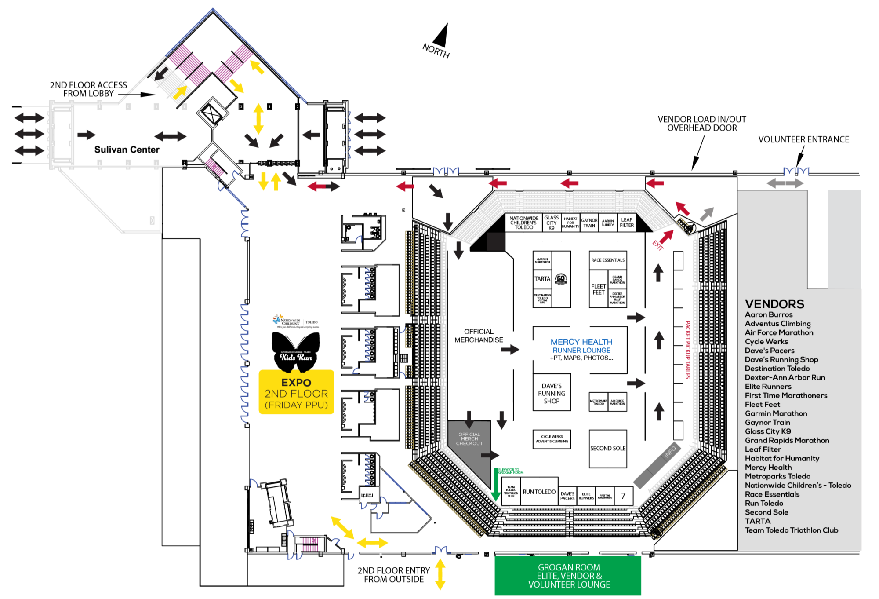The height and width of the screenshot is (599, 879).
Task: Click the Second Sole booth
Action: click(607, 449)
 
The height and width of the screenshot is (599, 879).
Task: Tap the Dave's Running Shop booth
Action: click(552, 393)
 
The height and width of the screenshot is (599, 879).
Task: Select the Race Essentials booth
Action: click(607, 260)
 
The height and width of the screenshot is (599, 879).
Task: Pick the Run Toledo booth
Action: click(539, 492)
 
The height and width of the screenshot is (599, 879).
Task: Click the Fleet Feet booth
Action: click(598, 289)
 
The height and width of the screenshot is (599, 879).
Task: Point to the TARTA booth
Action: click(542, 279)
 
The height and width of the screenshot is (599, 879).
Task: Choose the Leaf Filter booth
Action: click(627, 223)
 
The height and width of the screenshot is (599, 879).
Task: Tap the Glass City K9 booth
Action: click(551, 223)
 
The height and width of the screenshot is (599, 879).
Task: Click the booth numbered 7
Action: click(623, 496)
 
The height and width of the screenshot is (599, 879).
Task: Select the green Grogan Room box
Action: click(569, 576)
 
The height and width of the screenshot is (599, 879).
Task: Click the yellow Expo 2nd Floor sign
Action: click(296, 393)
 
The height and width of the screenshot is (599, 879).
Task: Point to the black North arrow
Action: click(441, 36)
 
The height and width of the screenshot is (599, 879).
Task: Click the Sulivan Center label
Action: click(127, 150)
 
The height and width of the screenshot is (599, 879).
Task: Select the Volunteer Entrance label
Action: click(803, 139)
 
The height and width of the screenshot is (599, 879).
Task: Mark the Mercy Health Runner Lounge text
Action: click(581, 346)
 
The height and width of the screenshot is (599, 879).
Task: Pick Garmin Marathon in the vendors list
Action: click(776, 413)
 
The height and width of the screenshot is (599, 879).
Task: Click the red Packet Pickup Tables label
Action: click(687, 350)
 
